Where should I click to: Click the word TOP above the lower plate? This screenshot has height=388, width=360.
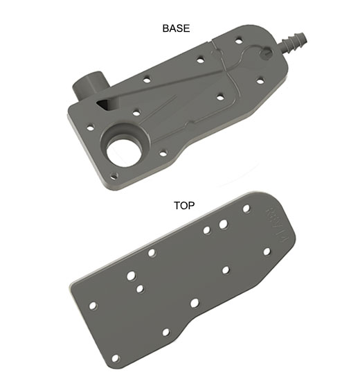(x=183, y=205)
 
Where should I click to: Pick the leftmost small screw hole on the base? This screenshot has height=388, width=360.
(x=89, y=127)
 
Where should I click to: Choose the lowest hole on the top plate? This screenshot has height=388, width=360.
(x=115, y=358)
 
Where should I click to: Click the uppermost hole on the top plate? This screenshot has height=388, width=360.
(x=246, y=208)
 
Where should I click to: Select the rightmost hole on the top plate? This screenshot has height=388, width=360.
(x=267, y=251)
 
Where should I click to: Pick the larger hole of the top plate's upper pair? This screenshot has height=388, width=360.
(x=223, y=224)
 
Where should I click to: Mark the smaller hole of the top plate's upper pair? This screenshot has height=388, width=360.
(x=207, y=229)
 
